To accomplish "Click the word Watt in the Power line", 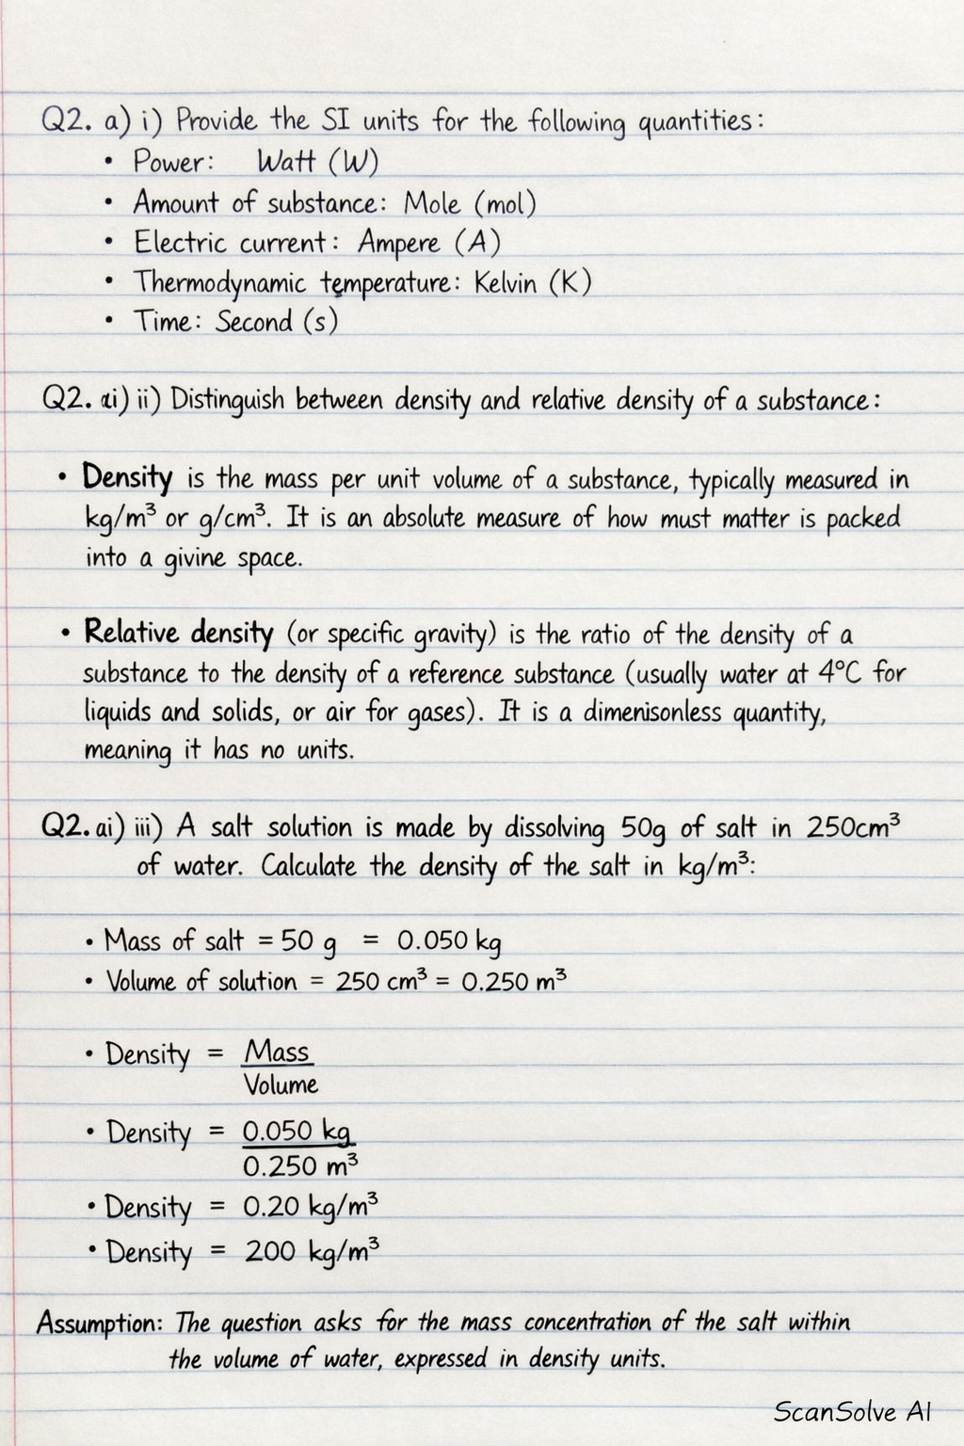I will [x=286, y=162].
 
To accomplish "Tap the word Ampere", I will [x=398, y=244].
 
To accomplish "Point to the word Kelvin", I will [x=505, y=282].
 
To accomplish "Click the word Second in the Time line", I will [x=253, y=322].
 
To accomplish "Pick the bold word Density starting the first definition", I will [x=127, y=477].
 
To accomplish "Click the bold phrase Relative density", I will [x=179, y=632].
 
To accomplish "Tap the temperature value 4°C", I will [x=839, y=673].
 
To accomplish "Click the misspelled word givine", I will [x=195, y=559].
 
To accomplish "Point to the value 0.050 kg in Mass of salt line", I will [x=449, y=940].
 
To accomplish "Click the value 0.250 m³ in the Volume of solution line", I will [x=514, y=981].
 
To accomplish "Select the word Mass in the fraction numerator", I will [x=278, y=1052].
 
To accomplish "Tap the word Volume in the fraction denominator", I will [x=281, y=1084].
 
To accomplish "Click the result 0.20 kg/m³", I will [x=311, y=1207].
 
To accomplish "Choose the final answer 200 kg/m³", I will [x=313, y=1251].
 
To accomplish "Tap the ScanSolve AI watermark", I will [x=852, y=1411].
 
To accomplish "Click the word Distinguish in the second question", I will [x=227, y=400].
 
